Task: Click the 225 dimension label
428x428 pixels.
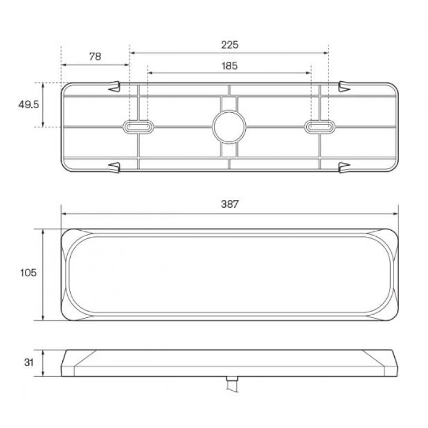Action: (230, 45)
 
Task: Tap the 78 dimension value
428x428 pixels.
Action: (95, 57)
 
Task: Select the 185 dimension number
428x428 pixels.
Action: (230, 66)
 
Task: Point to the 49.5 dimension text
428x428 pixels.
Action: (29, 104)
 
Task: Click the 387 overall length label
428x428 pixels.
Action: (230, 204)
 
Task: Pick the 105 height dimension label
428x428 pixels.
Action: (28, 272)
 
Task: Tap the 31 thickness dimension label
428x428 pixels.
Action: (29, 362)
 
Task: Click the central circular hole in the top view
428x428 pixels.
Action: (229, 127)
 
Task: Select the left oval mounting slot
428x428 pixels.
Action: (138, 127)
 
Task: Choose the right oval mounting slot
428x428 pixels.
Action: (320, 127)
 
